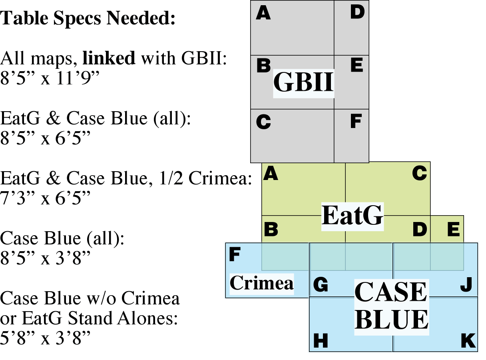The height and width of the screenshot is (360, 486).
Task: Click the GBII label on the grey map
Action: [x=303, y=82]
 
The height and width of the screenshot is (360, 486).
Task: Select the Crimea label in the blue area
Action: [x=261, y=283]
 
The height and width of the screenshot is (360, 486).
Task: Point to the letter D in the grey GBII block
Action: [x=357, y=12]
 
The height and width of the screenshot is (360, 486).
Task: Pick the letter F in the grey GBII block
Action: [x=356, y=122]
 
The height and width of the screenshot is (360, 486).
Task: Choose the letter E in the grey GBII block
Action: [x=357, y=65]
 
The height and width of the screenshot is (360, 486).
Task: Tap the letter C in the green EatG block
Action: [x=419, y=174]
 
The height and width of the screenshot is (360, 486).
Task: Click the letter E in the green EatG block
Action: [x=453, y=229]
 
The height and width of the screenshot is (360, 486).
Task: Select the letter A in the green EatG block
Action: [x=271, y=174]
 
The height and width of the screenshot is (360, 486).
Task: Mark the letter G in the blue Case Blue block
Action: [x=321, y=285]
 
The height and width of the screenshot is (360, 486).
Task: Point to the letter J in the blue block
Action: [x=466, y=285]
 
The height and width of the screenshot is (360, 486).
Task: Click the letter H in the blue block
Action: [x=321, y=341]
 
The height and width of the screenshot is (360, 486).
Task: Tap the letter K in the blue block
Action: [x=468, y=341]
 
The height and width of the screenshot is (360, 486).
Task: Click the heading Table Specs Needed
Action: [x=88, y=18]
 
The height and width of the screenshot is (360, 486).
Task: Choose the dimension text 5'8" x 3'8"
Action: [x=45, y=338]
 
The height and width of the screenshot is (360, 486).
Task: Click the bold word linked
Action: [x=109, y=58]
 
